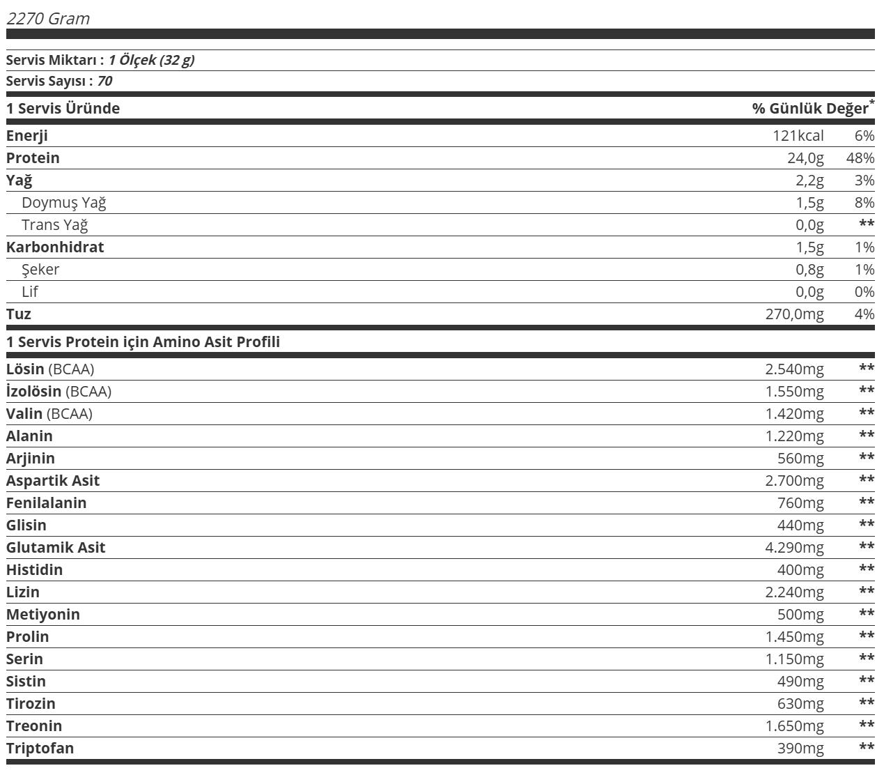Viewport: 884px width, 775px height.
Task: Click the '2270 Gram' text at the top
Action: (x=48, y=19)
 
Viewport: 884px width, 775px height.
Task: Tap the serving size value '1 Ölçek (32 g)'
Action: (x=151, y=60)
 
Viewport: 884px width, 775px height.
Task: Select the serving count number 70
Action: (x=104, y=81)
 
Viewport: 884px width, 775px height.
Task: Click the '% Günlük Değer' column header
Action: (x=811, y=108)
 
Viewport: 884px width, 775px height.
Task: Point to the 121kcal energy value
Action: (x=798, y=136)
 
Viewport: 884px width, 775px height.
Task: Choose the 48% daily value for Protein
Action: (x=860, y=158)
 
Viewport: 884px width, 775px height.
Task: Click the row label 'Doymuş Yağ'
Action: (x=64, y=203)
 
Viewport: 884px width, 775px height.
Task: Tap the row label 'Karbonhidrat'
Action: (x=55, y=247)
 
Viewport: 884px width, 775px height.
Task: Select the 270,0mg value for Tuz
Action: (x=794, y=314)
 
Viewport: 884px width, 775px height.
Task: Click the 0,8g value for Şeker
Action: (x=809, y=270)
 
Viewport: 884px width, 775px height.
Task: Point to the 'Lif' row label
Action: (x=30, y=292)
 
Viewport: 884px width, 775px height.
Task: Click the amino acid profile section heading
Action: (x=143, y=342)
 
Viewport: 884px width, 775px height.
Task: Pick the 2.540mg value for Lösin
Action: (x=794, y=369)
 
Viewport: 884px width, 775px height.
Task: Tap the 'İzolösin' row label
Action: (x=34, y=392)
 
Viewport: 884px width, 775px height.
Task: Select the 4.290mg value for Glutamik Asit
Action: (x=794, y=548)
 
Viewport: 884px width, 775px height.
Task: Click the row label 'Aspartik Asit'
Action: (x=53, y=481)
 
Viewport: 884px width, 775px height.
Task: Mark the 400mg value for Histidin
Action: (x=800, y=570)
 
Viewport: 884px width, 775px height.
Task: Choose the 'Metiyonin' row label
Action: (x=43, y=615)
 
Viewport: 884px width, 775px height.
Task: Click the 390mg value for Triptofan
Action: (x=800, y=749)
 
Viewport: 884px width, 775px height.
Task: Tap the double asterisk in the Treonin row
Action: (x=867, y=726)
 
